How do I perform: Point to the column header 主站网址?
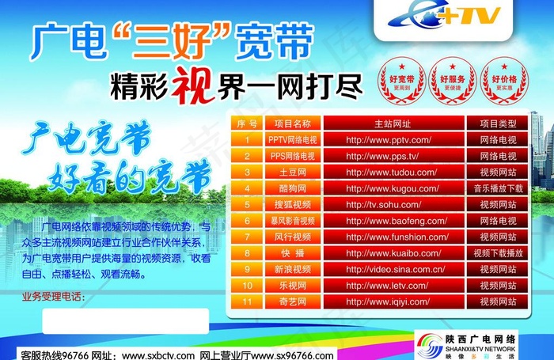pos(392,124)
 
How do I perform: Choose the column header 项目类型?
pos(499,124)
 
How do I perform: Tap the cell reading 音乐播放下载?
pos(499,188)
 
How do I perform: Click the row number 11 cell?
pos(247,301)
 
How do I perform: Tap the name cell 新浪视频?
pos(292,269)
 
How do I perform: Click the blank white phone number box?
pos(124,320)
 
